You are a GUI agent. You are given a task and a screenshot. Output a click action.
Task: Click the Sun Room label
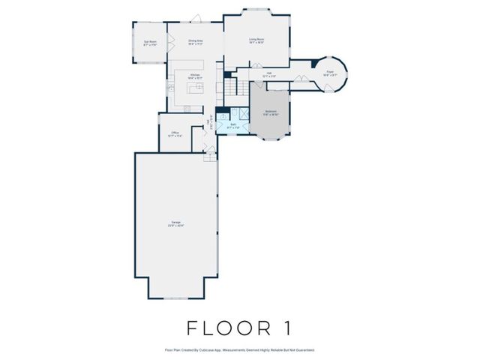tap(150, 43)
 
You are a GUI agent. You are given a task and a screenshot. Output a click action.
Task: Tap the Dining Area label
tap(196, 42)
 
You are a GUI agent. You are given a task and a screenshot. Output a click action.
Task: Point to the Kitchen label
tap(194, 75)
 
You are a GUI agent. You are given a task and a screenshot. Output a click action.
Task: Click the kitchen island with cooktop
tap(196, 90)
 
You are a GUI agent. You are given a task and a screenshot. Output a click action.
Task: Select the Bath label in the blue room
tap(233, 125)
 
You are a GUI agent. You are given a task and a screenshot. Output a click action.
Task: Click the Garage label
tap(175, 223)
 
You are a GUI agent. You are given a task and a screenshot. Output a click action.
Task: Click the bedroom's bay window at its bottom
tap(271, 140)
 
